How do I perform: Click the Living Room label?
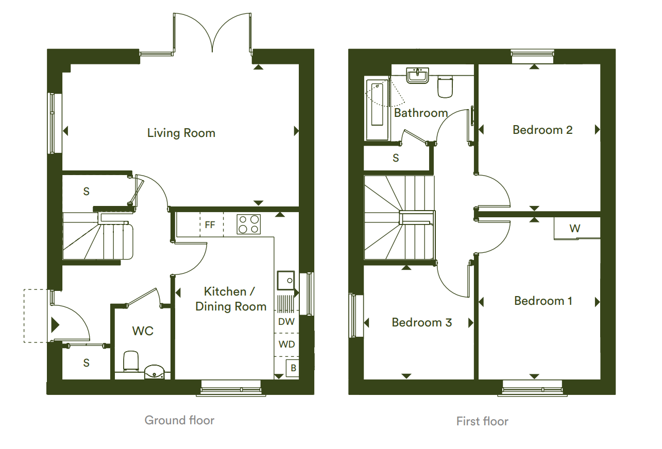[181, 133]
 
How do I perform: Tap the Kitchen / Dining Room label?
[230, 299]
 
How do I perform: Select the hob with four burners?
[248, 224]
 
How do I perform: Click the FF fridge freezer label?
[210, 225]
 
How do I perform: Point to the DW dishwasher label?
[286, 322]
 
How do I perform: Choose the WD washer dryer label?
[286, 343]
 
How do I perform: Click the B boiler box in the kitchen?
[293, 368]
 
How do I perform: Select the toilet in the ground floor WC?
[131, 360]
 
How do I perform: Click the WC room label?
[143, 331]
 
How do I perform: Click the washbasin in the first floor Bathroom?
[418, 75]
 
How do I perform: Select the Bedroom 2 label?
[542, 130]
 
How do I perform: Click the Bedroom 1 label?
[543, 301]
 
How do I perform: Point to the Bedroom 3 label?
[421, 323]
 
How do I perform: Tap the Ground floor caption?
[179, 420]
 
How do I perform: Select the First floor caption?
[482, 421]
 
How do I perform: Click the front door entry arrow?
[55, 325]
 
